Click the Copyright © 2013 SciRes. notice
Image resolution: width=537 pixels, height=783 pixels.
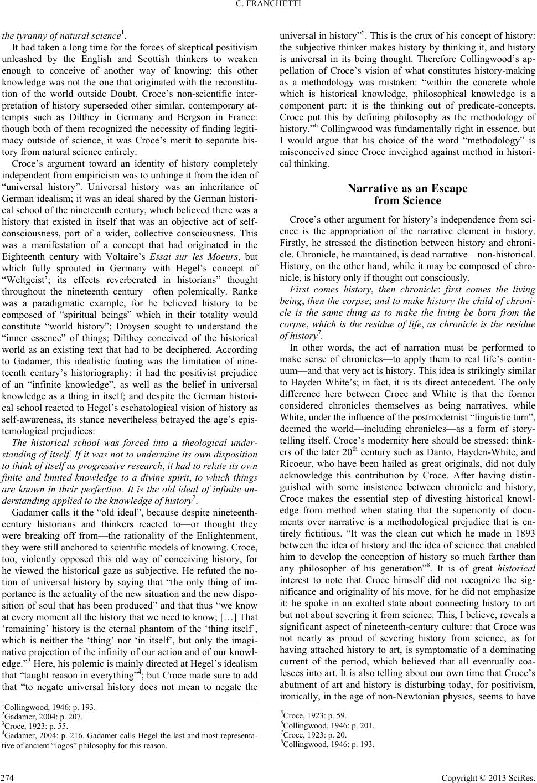tap(497, 775)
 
